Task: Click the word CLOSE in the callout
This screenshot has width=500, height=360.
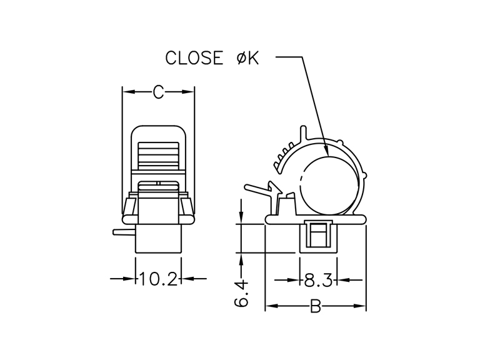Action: pos(194,57)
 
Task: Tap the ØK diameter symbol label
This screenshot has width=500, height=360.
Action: pos(247,57)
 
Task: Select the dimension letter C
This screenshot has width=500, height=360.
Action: pos(158,92)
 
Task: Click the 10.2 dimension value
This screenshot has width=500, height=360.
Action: pos(158,279)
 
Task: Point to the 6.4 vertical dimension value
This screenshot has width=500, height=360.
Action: pos(242,294)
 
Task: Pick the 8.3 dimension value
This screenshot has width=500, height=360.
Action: pos(318,280)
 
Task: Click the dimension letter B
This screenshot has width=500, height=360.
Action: pos(316,307)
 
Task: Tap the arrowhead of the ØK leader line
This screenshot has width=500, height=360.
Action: pos(326,150)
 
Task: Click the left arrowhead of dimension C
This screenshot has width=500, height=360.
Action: pos(129,92)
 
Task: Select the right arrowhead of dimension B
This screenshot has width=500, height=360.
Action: pos(360,306)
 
